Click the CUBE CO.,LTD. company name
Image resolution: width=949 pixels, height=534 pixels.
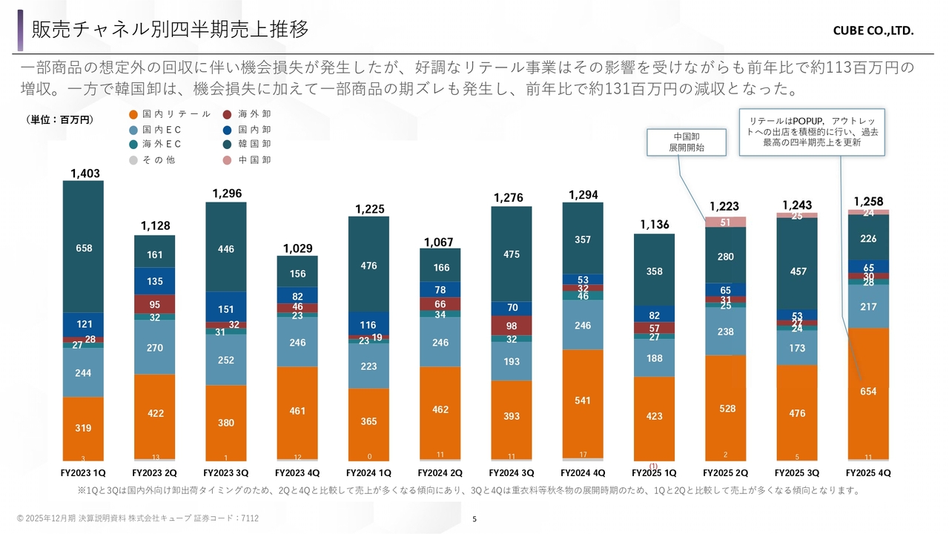(873, 31)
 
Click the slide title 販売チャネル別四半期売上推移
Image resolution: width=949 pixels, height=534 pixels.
(170, 29)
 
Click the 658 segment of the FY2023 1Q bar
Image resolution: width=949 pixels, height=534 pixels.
(84, 248)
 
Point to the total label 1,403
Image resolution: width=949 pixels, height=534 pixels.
(85, 174)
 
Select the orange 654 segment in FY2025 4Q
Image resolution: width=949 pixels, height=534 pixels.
(868, 392)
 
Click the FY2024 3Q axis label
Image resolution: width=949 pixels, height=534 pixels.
(511, 472)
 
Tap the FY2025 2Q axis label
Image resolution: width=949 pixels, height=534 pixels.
(726, 472)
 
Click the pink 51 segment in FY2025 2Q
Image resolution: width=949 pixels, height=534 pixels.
(726, 222)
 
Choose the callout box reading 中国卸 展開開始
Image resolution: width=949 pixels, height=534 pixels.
(687, 142)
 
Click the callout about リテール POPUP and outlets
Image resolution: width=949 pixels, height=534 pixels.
(811, 131)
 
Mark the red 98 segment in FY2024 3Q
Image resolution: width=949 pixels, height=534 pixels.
(512, 326)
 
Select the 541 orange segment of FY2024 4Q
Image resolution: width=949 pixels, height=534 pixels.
(583, 400)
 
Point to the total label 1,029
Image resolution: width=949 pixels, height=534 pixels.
(297, 248)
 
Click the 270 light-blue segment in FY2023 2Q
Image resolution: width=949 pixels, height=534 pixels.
(155, 346)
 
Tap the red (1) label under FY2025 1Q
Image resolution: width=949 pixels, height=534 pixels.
(654, 466)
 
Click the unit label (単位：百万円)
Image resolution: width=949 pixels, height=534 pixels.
(59, 119)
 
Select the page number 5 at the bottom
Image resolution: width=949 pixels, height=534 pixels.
(474, 519)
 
